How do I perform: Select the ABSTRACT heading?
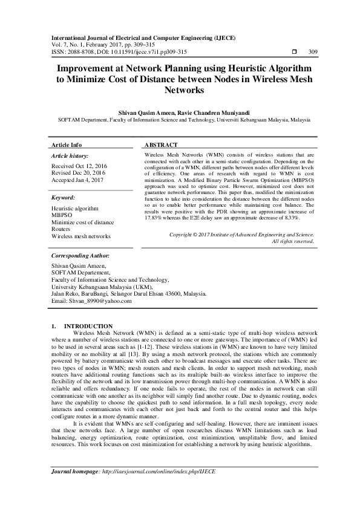coord(161,146)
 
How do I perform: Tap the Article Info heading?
coord(67,146)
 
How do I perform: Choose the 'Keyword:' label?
coord(64,198)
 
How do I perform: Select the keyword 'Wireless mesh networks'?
coord(82,236)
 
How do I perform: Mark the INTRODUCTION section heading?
coord(88,326)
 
